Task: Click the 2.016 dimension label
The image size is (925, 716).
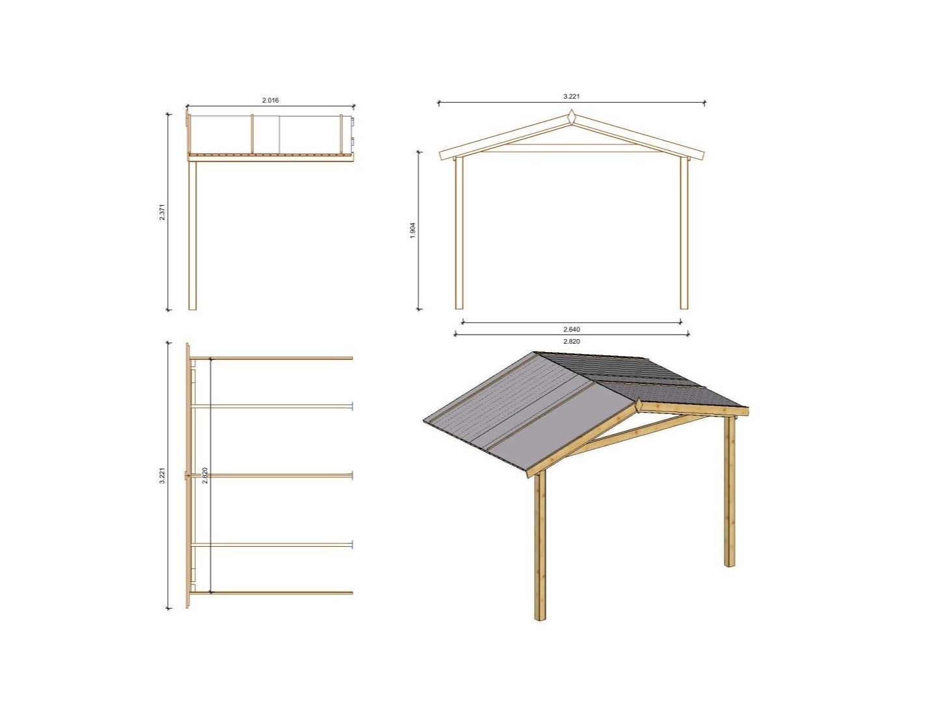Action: click(x=271, y=100)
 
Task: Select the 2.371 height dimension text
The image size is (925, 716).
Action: click(x=162, y=212)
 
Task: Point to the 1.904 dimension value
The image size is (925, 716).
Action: click(x=412, y=230)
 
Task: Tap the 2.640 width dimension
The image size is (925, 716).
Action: click(x=571, y=329)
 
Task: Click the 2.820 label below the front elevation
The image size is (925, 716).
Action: click(x=571, y=341)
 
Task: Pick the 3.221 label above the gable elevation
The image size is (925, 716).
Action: click(x=571, y=96)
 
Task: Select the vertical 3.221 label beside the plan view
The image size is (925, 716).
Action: click(x=162, y=475)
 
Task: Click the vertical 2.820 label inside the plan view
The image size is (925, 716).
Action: click(x=205, y=475)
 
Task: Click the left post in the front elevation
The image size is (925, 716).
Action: click(x=459, y=232)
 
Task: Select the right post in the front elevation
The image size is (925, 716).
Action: click(x=684, y=232)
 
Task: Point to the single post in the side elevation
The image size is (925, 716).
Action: click(x=193, y=235)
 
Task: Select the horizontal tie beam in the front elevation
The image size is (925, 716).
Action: click(x=571, y=148)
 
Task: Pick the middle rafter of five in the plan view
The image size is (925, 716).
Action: click(x=271, y=475)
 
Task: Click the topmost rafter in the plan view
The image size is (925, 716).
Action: click(x=271, y=358)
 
